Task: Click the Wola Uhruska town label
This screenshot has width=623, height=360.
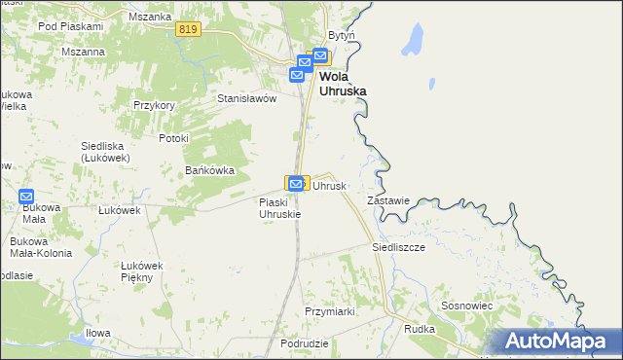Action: pyautogui.click(x=344, y=83)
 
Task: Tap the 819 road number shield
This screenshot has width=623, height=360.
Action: pyautogui.click(x=190, y=31)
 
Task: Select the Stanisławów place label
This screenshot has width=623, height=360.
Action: pyautogui.click(x=247, y=98)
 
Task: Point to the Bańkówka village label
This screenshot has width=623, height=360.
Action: pyautogui.click(x=210, y=170)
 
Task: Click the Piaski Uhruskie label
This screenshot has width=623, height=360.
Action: pyautogui.click(x=279, y=208)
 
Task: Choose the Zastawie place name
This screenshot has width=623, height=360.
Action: pyautogui.click(x=386, y=200)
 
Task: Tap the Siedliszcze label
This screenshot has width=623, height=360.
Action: pyautogui.click(x=398, y=247)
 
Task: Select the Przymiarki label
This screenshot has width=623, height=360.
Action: pyautogui.click(x=329, y=311)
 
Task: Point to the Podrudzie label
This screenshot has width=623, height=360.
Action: pyautogui.click(x=303, y=344)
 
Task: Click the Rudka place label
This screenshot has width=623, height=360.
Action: pyautogui.click(x=420, y=329)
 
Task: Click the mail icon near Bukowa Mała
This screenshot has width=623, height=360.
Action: pyautogui.click(x=26, y=196)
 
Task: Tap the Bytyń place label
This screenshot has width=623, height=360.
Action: pyautogui.click(x=342, y=35)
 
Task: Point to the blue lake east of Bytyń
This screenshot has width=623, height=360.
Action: pyautogui.click(x=412, y=40)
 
